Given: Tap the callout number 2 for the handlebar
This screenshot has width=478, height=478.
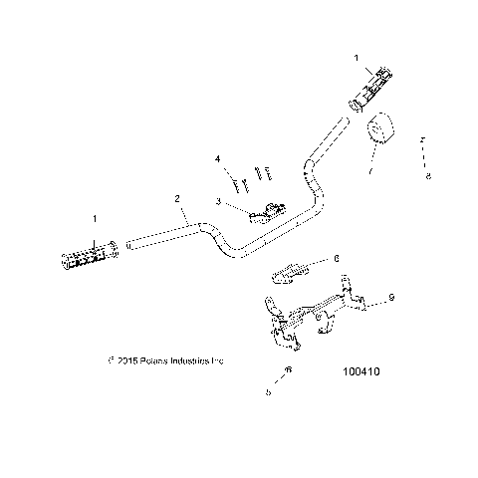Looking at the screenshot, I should (178, 199).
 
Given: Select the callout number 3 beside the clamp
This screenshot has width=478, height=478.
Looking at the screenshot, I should (217, 201).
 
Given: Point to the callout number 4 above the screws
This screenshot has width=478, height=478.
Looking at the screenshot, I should (217, 158).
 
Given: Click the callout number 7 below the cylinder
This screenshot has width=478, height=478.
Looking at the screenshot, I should (369, 171).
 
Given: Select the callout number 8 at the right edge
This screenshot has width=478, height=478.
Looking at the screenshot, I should (427, 178).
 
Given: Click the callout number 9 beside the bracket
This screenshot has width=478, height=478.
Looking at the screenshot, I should (390, 296).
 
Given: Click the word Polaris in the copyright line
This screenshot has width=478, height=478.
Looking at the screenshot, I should (152, 360).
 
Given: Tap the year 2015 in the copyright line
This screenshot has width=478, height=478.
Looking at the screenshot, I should (125, 360).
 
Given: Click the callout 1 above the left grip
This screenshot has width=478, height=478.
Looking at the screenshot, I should (95, 217).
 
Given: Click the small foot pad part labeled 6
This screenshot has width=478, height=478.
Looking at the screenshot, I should (290, 270).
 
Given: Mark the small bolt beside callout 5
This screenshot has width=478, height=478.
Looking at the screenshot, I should (287, 371).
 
